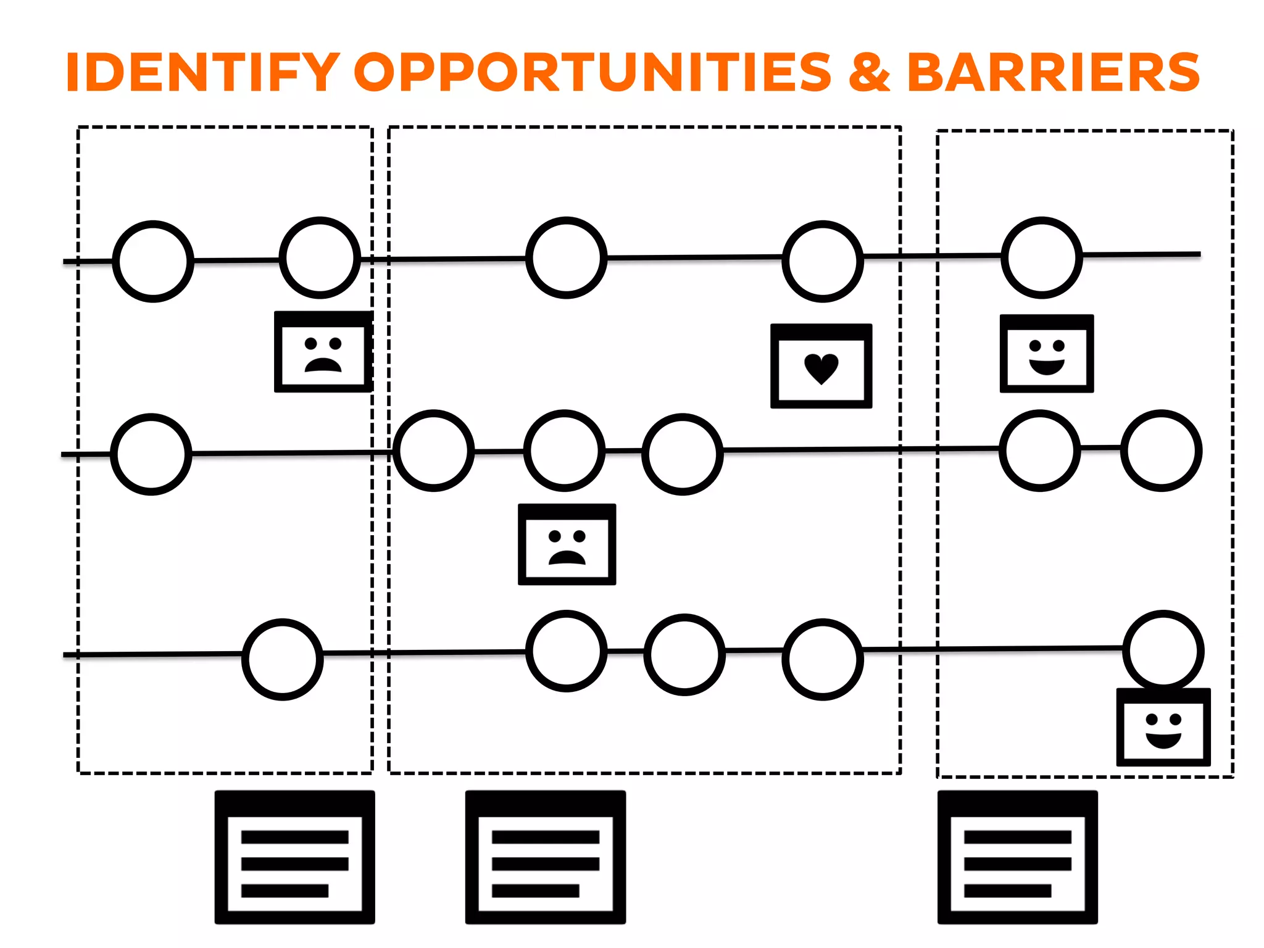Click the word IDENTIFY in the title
202,72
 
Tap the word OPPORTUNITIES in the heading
592,72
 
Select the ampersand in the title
869,72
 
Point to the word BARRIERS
1053,72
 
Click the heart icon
821,367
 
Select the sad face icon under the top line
323,352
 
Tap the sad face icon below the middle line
567,544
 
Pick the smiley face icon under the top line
1047,354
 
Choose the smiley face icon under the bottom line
1163,728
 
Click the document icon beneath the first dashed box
294,857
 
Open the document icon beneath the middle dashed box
545,857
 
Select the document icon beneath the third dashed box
1017,857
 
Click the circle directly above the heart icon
822,261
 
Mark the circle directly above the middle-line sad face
565,451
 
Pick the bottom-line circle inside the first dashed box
283,659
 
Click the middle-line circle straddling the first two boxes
434,451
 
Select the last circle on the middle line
1162,451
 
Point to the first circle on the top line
153,261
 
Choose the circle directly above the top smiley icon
1042,257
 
